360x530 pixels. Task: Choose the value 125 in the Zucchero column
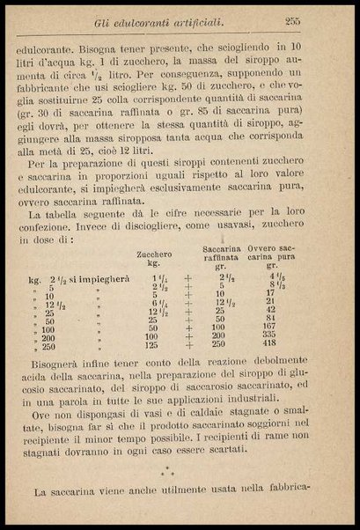tap(151, 345)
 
